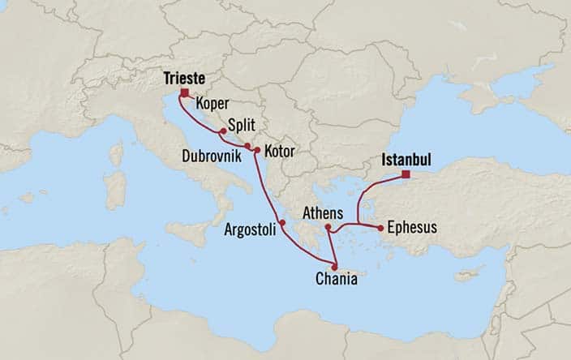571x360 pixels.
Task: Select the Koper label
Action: click(213, 104)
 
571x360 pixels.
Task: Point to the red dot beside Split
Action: click(222, 131)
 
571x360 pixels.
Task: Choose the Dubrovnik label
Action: click(211, 152)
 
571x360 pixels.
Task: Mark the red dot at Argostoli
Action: click(282, 223)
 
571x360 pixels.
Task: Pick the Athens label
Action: click(324, 212)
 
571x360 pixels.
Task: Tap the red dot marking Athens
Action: click(328, 228)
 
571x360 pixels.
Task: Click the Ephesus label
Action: click(412, 228)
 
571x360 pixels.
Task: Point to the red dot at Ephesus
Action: click(379, 228)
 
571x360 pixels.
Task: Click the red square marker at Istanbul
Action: click(406, 174)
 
